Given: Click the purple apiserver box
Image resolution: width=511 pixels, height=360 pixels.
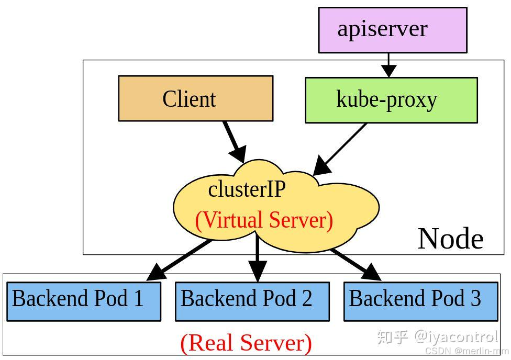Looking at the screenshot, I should pyautogui.click(x=392, y=30).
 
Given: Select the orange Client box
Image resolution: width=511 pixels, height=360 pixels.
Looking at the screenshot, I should pyautogui.click(x=195, y=98).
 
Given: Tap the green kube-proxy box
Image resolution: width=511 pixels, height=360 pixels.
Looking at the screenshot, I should pyautogui.click(x=391, y=100).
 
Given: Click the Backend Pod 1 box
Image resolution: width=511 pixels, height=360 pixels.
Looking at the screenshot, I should pyautogui.click(x=83, y=301).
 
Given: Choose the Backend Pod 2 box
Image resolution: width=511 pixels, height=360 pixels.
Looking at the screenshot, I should pyautogui.click(x=252, y=301).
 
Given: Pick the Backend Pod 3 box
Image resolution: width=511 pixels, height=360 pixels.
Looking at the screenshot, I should pyautogui.click(x=420, y=301).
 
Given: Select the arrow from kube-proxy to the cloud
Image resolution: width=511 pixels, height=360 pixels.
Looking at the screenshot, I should pyautogui.click(x=340, y=149).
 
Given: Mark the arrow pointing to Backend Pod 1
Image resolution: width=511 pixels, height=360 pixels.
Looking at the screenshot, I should pyautogui.click(x=178, y=260).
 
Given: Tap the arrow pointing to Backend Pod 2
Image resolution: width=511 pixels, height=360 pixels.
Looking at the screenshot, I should pyautogui.click(x=257, y=259).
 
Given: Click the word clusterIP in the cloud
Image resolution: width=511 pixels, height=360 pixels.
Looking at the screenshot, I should pyautogui.click(x=247, y=189).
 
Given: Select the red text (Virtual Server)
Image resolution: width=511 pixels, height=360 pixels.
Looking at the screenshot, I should pyautogui.click(x=264, y=220).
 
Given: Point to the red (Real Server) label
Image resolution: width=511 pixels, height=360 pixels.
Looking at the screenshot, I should pyautogui.click(x=246, y=343).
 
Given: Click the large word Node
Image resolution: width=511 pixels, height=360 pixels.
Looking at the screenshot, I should pyautogui.click(x=450, y=239).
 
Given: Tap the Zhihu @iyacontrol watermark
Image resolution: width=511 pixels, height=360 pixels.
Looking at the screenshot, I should pyautogui.click(x=437, y=336).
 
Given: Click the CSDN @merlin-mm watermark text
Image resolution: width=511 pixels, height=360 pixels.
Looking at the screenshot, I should pyautogui.click(x=466, y=351).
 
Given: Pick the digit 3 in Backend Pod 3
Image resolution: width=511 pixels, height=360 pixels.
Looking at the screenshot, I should pyautogui.click(x=475, y=298).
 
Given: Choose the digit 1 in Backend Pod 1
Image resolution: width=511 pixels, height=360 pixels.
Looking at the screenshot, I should pyautogui.click(x=139, y=298).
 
